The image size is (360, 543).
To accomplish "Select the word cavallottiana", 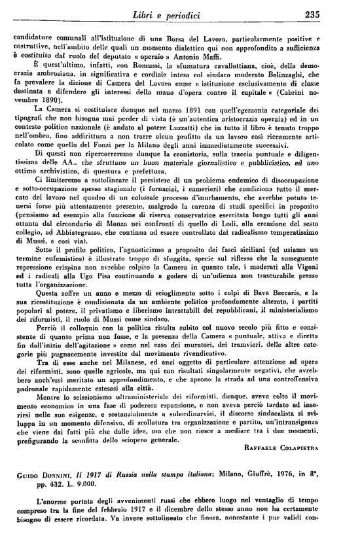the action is coord(245,64).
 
